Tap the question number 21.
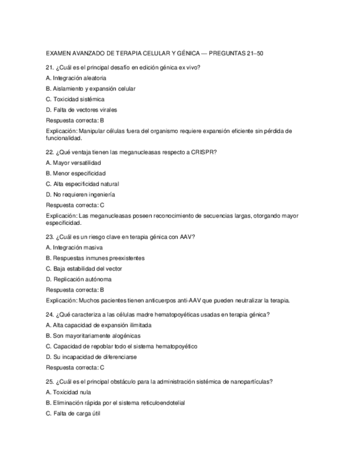click(49, 68)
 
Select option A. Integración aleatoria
click(76, 78)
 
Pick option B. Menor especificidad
click(76, 173)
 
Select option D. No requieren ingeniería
click(80, 195)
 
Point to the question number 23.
click(49, 237)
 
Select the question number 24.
click(49, 314)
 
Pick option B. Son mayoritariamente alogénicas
click(93, 335)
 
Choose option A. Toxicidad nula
click(69, 392)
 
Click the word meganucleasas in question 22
click(136, 152)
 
